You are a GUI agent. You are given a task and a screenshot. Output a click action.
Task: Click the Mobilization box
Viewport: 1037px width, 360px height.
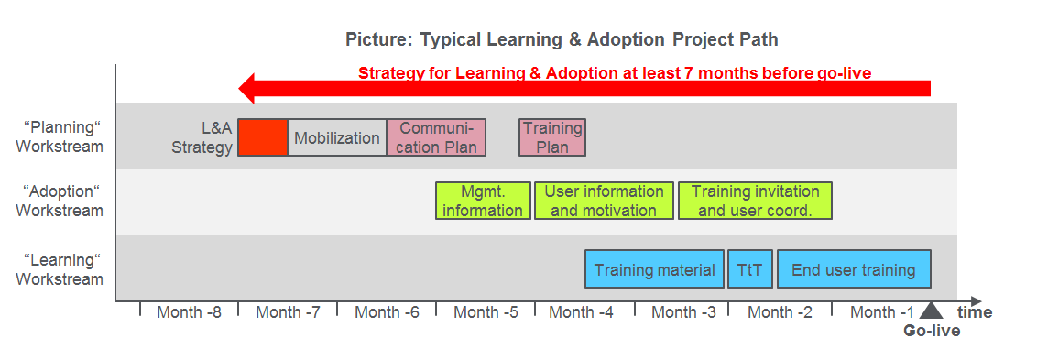pos(337,138)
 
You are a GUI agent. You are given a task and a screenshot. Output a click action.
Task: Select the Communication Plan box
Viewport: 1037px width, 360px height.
pos(436,138)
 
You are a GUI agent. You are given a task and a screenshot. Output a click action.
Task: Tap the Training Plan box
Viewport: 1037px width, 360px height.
pos(552,138)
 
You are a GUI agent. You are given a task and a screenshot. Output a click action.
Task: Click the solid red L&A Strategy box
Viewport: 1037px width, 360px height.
pos(263,138)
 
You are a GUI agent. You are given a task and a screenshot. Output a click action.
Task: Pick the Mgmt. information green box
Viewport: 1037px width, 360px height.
pos(483,201)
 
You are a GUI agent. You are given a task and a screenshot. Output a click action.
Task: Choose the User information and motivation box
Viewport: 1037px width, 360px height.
pos(604,201)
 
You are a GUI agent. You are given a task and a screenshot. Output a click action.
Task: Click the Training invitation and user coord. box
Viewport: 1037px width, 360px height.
pos(755,201)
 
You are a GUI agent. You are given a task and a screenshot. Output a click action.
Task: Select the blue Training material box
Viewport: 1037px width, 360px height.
pos(654,269)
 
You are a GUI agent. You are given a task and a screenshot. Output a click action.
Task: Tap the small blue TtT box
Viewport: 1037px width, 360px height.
pos(750,269)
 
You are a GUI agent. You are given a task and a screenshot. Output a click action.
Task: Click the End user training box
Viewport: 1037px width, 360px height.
pos(854,269)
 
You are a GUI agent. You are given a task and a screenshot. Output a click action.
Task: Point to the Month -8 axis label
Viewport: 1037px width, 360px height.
pos(189,312)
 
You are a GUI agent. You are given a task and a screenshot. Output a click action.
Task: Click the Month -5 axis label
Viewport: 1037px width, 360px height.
pos(486,312)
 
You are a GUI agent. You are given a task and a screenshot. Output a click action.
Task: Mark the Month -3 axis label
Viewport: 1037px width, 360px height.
pos(683,312)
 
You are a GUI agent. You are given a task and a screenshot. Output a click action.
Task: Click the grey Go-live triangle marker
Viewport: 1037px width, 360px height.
pos(931,311)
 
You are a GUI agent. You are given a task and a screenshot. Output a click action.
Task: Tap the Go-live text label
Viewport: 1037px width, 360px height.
pos(932,331)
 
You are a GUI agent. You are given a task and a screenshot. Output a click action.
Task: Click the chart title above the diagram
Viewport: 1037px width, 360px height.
pos(562,40)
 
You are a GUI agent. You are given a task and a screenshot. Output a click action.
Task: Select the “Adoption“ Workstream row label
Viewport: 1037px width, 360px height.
pos(60,201)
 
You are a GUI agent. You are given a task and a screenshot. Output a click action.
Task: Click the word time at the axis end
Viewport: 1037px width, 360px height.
pos(975,312)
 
